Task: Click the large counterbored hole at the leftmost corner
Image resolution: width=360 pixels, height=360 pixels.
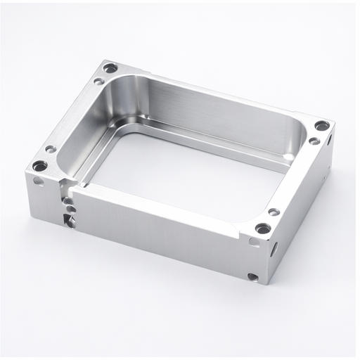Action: tap(39, 167)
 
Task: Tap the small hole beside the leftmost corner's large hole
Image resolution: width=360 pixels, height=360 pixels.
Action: tap(50, 149)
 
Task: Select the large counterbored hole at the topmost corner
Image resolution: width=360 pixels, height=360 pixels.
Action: tap(110, 68)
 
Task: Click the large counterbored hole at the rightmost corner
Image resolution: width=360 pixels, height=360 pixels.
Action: tap(321, 126)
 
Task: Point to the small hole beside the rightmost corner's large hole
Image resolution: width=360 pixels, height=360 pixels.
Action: tap(314, 141)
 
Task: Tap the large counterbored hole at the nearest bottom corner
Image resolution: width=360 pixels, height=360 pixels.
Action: tap(262, 229)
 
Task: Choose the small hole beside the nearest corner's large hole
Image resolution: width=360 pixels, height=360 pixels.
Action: tap(274, 212)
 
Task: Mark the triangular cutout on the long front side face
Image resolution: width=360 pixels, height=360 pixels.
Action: tap(68, 219)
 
